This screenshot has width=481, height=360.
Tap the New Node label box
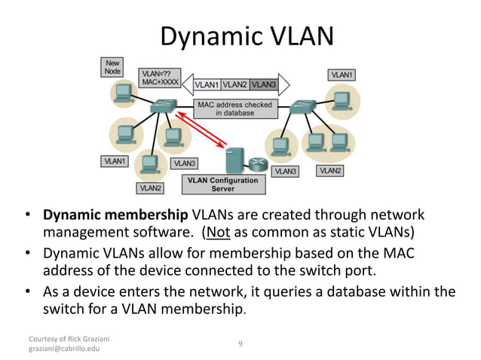[x=113, y=66]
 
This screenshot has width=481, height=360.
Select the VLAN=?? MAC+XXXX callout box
[x=159, y=79]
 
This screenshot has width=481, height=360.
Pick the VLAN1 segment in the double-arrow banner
[x=207, y=85]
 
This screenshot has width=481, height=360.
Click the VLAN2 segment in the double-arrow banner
[x=235, y=85]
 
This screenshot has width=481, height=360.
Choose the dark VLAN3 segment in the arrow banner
[x=263, y=85]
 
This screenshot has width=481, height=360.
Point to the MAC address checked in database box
[x=234, y=108]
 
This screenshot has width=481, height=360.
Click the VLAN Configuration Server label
[x=222, y=185]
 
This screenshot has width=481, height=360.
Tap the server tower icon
[x=234, y=160]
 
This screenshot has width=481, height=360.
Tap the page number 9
[x=240, y=343]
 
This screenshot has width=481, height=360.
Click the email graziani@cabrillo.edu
[x=64, y=349]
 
